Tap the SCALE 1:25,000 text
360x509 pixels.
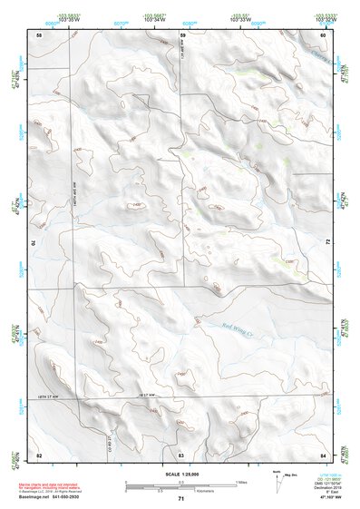coord(180,474)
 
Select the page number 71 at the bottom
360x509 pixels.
coord(180,499)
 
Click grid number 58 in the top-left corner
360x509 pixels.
coord(39,34)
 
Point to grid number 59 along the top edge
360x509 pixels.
coord(182,34)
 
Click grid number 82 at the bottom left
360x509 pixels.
coord(39,454)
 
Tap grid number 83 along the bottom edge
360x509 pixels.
coord(181,454)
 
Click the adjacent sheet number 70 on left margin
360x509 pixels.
coord(37,243)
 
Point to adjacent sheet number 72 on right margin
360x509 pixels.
coord(325,243)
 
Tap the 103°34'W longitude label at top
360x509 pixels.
coord(153,20)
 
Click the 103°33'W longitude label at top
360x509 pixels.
coord(238,20)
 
